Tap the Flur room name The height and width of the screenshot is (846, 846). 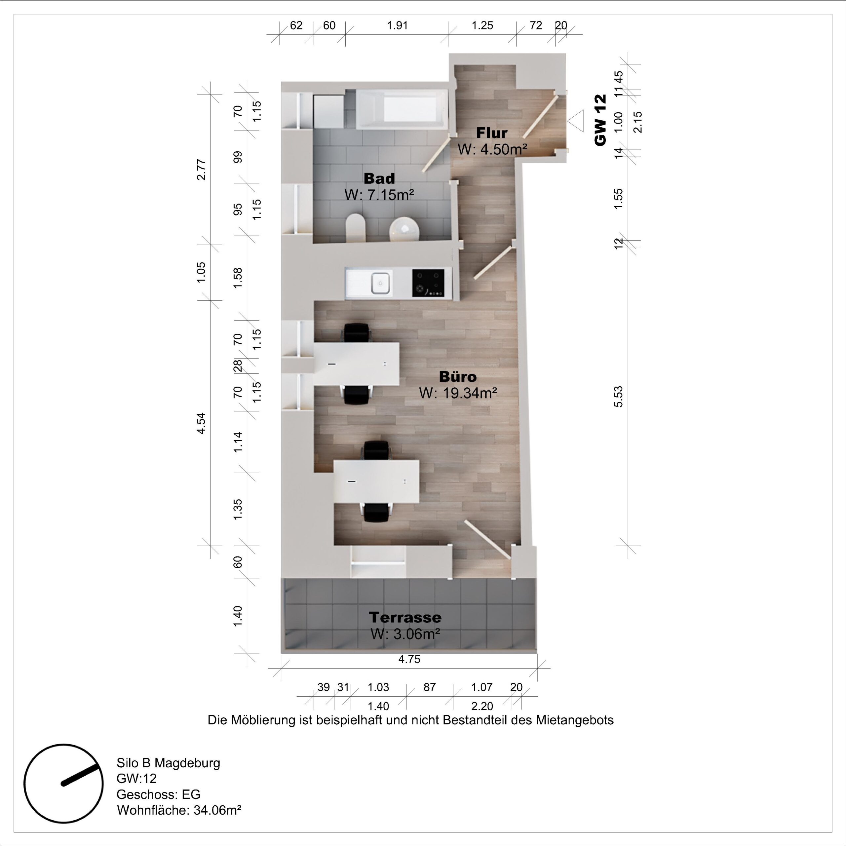pos(491,132)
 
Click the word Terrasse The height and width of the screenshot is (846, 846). pos(405,617)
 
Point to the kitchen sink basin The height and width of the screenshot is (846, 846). pos(380,283)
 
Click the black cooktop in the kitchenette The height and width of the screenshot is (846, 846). pos(428,283)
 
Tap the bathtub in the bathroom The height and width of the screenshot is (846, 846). pos(402,109)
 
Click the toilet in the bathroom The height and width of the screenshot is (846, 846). pos(356,228)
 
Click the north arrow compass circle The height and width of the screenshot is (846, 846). pos(63,783)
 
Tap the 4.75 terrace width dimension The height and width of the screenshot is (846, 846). pos(409,659)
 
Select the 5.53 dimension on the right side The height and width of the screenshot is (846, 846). pos(618,397)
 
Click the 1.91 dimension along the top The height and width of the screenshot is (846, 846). pos(397,25)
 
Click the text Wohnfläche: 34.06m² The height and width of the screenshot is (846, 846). pos(179,810)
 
